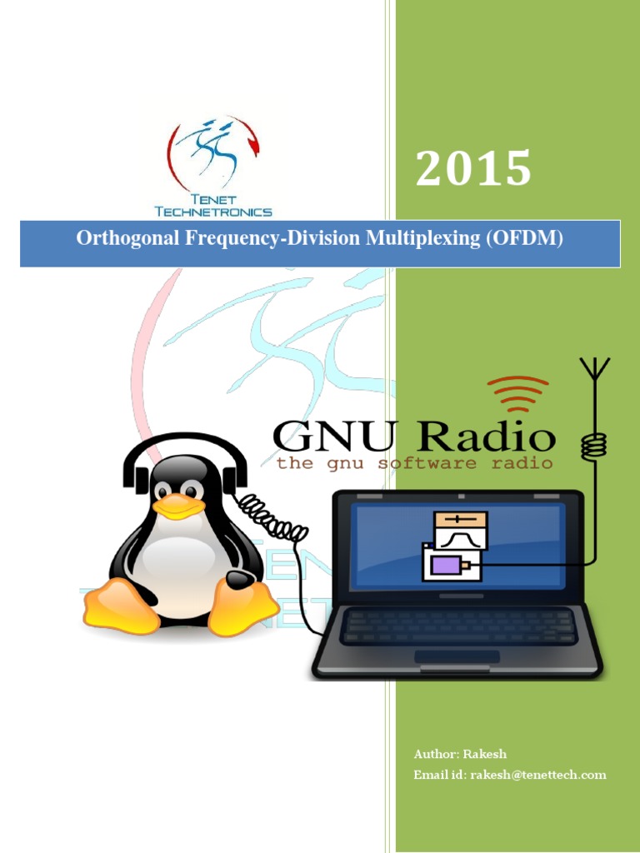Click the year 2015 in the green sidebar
473,169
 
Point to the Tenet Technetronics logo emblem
213,154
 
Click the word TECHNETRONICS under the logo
213,212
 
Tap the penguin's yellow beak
178,506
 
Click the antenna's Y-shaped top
595,369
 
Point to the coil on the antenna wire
592,446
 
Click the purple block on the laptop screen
447,566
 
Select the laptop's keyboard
458,626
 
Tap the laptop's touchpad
457,656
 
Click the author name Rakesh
482,754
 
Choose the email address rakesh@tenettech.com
537,775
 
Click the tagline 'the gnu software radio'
414,463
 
